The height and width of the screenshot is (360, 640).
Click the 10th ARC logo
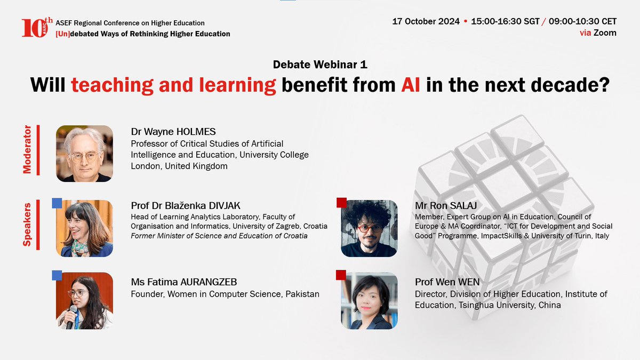click(37, 27)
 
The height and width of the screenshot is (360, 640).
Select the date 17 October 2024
click(426, 21)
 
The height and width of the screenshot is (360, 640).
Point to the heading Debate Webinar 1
click(320, 65)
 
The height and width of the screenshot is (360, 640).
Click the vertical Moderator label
click(27, 149)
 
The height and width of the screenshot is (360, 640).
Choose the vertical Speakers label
click(27, 223)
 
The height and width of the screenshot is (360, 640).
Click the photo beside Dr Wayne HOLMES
click(84, 154)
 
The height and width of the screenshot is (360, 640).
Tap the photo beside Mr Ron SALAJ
click(369, 228)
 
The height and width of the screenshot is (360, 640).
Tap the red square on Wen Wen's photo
click(341, 275)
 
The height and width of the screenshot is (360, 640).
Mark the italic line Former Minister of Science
click(219, 236)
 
